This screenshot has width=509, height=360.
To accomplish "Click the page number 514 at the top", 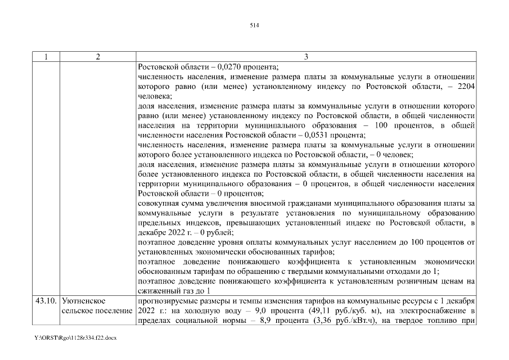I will coord(254,25).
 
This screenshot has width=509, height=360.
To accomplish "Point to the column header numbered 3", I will coord(306,56).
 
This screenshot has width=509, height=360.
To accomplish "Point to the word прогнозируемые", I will coord(167,301).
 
